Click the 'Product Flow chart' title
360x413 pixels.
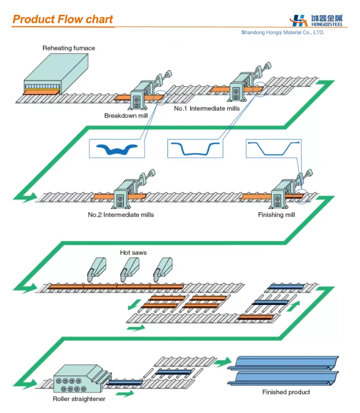point(62,19)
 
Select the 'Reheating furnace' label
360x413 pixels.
point(69,48)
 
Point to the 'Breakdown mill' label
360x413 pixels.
point(125,116)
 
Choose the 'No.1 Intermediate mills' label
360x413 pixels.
point(206,109)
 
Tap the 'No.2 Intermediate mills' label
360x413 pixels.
point(121,215)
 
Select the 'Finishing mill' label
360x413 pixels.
point(276,215)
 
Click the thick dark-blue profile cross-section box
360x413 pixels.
point(117,148)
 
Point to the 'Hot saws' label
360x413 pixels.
point(133,253)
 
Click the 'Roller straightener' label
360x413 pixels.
point(79,399)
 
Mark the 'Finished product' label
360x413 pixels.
point(286,392)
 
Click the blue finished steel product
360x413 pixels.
point(283,370)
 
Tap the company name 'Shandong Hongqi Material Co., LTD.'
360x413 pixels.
point(283,33)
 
